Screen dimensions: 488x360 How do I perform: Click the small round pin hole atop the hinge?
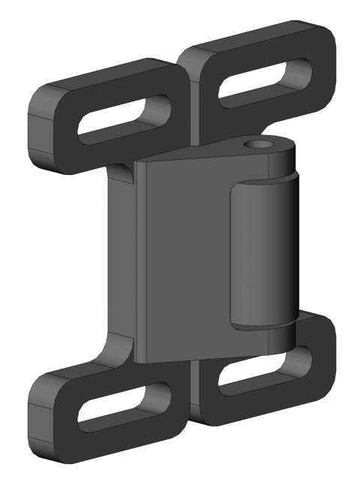pyautogui.click(x=261, y=144)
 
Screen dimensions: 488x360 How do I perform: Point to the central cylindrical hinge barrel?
pyautogui.click(x=262, y=255)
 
